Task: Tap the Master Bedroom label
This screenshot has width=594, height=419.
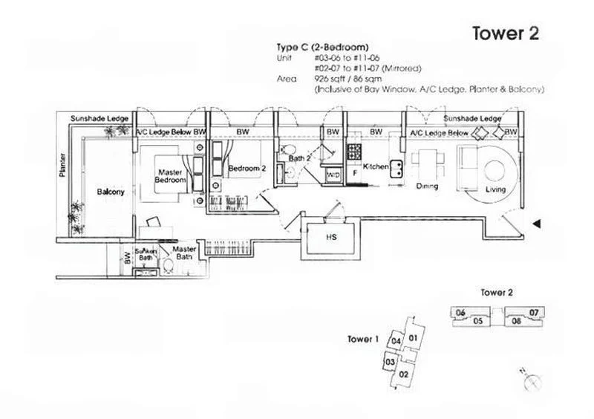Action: click(170, 175)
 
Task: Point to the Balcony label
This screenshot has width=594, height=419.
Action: click(111, 192)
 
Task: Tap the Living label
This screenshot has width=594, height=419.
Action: click(495, 189)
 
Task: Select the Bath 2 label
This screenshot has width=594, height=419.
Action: click(298, 158)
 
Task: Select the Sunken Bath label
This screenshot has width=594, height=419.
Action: click(146, 255)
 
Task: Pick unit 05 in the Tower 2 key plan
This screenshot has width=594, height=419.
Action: click(478, 321)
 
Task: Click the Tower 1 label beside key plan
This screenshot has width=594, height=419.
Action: click(363, 339)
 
